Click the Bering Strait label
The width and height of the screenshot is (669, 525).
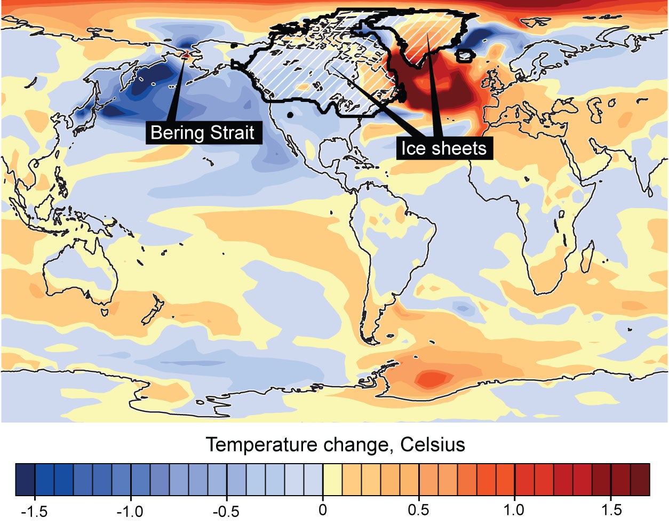point(203,132)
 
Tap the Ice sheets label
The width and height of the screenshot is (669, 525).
point(444,148)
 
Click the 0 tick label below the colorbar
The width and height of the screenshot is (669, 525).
point(322,509)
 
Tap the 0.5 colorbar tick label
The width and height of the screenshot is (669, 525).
point(418,509)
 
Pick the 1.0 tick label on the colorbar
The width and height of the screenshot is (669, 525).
point(514,509)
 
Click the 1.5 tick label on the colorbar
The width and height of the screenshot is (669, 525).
point(611,509)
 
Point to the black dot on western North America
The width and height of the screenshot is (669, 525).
point(290,115)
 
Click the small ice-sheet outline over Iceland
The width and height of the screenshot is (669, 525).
point(464,55)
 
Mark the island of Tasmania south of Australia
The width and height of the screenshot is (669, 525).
point(105,311)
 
